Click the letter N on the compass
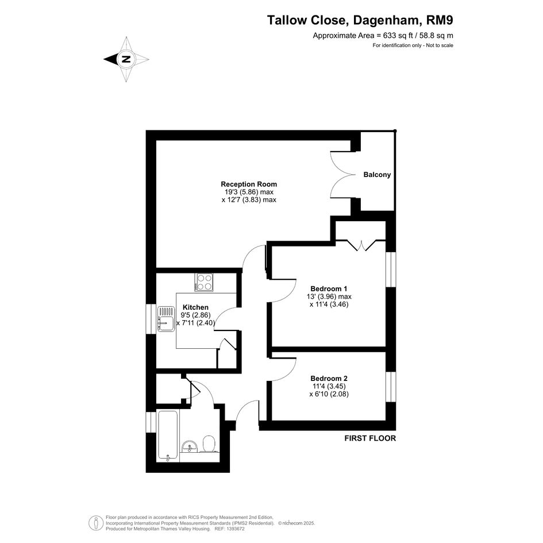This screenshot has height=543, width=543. (126, 59)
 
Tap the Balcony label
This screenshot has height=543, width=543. (377, 175)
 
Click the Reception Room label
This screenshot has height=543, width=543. (249, 184)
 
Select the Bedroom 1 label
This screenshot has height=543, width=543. (329, 288)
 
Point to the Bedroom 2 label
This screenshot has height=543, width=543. (329, 379)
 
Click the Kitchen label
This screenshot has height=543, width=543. (196, 307)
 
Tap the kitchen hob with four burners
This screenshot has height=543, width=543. (203, 282)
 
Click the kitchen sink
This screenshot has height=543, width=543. (166, 319)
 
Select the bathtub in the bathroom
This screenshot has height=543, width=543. (168, 436)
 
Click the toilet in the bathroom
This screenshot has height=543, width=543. (209, 444)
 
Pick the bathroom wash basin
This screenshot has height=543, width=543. (190, 446)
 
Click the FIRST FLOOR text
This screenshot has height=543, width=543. (370, 438)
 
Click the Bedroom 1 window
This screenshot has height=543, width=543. (391, 269)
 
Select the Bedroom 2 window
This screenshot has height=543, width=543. (391, 387)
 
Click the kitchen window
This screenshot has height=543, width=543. (151, 319)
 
